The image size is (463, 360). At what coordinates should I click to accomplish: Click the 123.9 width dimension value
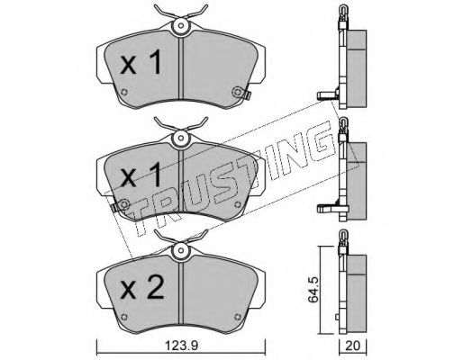(182, 346)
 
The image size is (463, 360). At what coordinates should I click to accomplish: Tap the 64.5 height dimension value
(313, 290)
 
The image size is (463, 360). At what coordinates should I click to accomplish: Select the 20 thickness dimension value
(352, 346)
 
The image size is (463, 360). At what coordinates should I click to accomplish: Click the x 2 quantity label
(142, 288)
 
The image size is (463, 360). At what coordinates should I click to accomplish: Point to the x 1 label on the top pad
(141, 62)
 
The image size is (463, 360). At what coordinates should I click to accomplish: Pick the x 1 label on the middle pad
(141, 175)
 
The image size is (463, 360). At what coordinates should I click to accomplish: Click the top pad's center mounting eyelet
(180, 26)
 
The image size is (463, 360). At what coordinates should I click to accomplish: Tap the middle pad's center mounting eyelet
(180, 138)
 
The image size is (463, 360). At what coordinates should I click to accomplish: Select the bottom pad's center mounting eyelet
(180, 250)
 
